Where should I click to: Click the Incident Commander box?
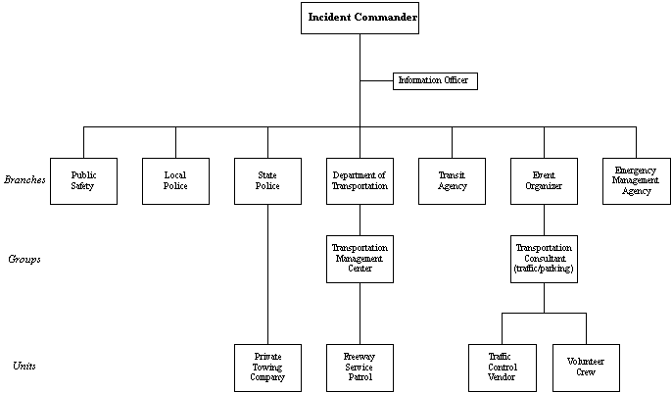[360, 18]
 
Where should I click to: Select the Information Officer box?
[435, 81]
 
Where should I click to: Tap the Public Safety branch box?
[83, 180]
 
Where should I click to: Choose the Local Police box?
[175, 180]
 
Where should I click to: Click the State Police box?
[267, 180]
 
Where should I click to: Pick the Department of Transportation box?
[360, 180]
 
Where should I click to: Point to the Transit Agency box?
[452, 180]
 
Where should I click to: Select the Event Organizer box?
[544, 180]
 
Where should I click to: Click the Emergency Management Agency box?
[636, 180]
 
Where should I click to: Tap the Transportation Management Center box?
[360, 259]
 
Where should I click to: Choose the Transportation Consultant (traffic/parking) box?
[544, 259]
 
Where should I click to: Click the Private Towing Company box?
[267, 368]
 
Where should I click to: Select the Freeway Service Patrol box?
[360, 368]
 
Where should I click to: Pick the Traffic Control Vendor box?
[503, 368]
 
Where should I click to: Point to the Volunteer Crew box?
[586, 368]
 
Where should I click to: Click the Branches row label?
[24, 180]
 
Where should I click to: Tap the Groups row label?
[24, 260]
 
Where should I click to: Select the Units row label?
[24, 367]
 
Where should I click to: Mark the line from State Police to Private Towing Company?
[267, 274]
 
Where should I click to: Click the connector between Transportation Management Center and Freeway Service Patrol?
[360, 314]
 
